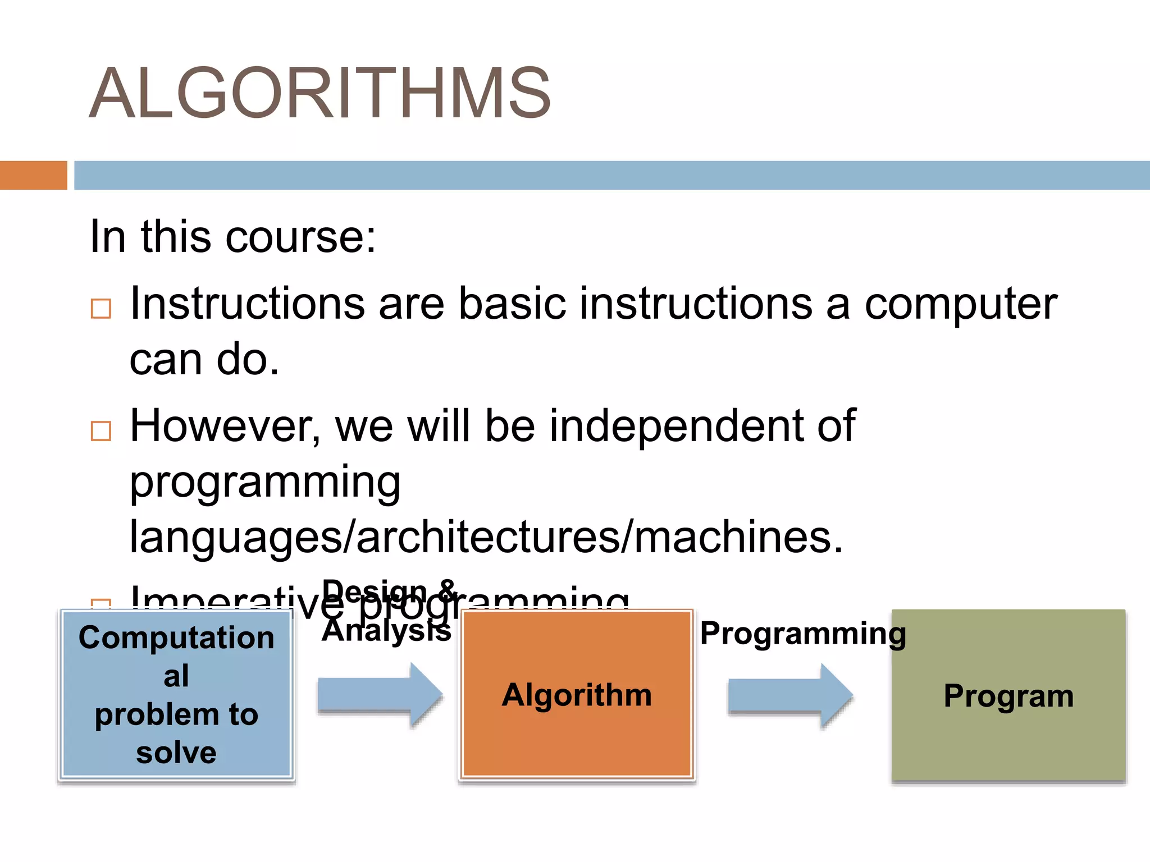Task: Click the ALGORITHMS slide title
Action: click(x=320, y=93)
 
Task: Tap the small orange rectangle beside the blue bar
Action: click(x=33, y=175)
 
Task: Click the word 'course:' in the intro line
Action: click(x=300, y=237)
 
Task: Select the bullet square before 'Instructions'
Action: click(x=101, y=309)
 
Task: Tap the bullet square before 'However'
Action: click(x=101, y=431)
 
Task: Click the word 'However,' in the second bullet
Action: click(x=225, y=427)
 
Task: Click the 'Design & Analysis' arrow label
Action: click(x=387, y=611)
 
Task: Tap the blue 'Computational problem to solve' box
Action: click(x=176, y=695)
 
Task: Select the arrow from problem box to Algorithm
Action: click(x=380, y=695)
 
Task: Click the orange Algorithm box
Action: click(x=577, y=695)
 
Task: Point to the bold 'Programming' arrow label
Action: click(x=803, y=634)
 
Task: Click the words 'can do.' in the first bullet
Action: click(x=204, y=360)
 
